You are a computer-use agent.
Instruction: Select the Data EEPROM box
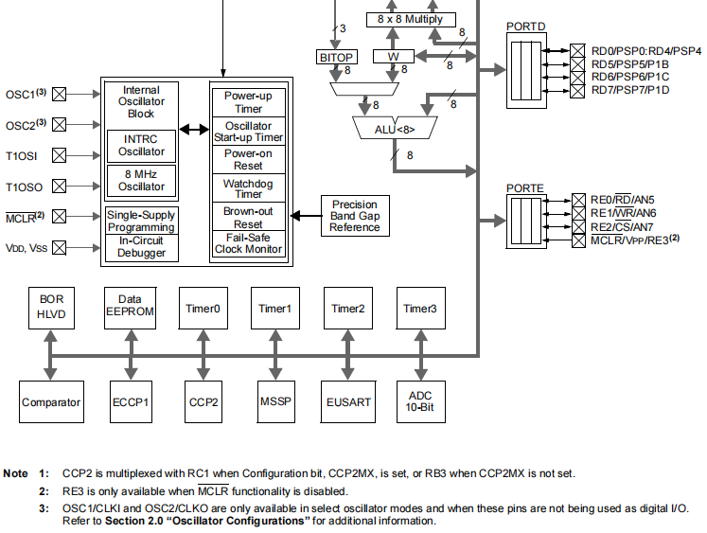click(x=130, y=307)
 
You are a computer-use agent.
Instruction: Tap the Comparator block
click(x=51, y=402)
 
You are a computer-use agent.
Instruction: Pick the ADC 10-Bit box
click(x=420, y=401)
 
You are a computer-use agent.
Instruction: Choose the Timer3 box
click(x=420, y=308)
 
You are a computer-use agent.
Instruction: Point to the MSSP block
click(x=275, y=402)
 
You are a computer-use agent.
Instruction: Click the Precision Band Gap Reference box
click(x=355, y=216)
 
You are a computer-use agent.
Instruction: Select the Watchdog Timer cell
click(x=248, y=188)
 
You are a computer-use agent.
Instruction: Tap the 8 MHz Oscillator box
click(x=141, y=180)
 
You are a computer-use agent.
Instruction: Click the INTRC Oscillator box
click(x=141, y=145)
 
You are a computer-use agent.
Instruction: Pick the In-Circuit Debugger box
click(x=141, y=247)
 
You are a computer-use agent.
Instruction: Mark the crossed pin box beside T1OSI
click(x=60, y=155)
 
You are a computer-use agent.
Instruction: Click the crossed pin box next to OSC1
click(x=60, y=94)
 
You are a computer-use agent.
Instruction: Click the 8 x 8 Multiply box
click(x=410, y=20)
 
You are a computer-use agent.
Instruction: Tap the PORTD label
click(x=525, y=27)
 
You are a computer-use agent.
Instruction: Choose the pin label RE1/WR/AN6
click(x=624, y=213)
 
